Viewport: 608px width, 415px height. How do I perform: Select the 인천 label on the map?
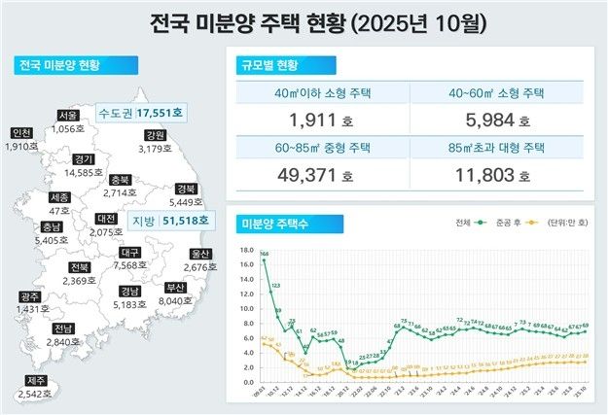(x=20, y=132)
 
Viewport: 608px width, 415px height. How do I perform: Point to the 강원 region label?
(x=154, y=134)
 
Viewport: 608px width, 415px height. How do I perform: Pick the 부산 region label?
(x=176, y=287)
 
